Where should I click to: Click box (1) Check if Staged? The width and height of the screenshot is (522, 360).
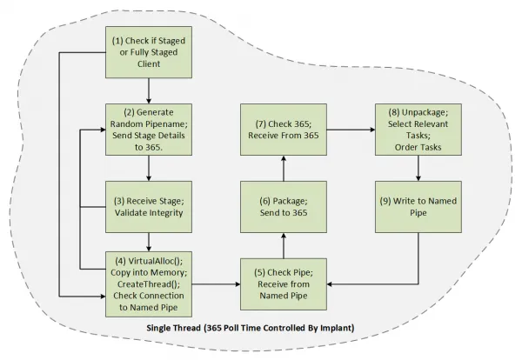pos(149,52)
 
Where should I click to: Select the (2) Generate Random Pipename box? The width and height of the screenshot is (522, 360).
pos(149,130)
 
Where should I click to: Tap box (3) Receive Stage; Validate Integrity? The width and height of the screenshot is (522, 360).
pos(149,207)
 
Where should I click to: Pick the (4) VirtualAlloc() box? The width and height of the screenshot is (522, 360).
pos(149,284)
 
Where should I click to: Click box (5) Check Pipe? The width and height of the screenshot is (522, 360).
pos(284,284)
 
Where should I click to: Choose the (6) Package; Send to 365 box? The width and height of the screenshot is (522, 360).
pos(284,207)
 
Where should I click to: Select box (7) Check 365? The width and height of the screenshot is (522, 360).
pos(284,130)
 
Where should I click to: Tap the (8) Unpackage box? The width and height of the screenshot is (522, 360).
pos(418,130)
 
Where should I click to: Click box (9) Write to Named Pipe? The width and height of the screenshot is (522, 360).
pos(418,207)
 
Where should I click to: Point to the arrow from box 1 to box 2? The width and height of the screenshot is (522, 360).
pos(149,90)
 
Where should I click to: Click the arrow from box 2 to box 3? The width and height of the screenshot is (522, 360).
pos(149,168)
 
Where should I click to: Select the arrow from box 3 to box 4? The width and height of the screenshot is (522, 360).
pos(149,242)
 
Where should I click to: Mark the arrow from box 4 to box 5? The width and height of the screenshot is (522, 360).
pos(216,284)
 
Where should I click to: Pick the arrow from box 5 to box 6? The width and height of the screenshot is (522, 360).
pos(284,245)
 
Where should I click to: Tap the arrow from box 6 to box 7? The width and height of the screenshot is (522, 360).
pos(284,168)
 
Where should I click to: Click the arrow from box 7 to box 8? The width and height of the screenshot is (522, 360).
pos(351,130)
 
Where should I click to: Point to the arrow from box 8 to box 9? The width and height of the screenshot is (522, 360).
pos(418,168)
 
